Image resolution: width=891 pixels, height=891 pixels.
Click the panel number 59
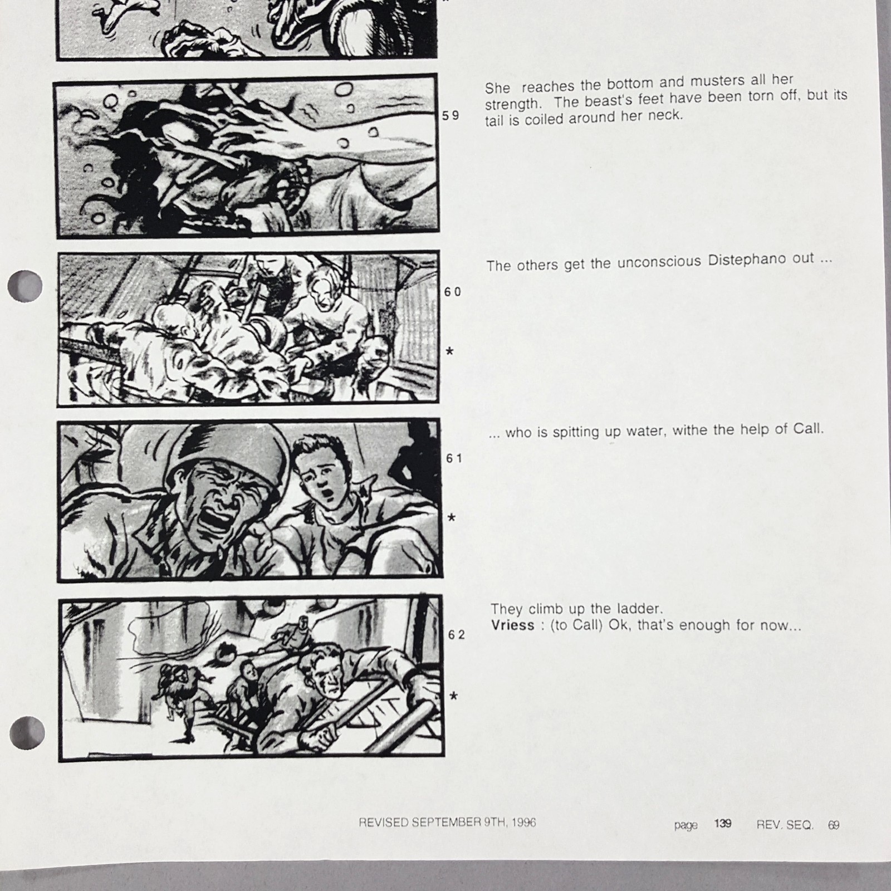point(451,116)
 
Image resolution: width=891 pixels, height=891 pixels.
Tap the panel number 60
point(453,292)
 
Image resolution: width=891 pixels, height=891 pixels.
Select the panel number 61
point(454,458)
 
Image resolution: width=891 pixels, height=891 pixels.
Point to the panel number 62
point(457,635)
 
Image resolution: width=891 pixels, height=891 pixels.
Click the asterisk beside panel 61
point(452,518)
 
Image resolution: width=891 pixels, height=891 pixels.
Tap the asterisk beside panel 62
point(454,696)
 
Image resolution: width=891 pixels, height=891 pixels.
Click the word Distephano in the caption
point(760,260)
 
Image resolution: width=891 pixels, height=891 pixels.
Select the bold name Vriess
point(512,625)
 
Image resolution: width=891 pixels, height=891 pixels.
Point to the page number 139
point(722,823)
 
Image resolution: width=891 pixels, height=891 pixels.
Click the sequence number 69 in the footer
point(833,825)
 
